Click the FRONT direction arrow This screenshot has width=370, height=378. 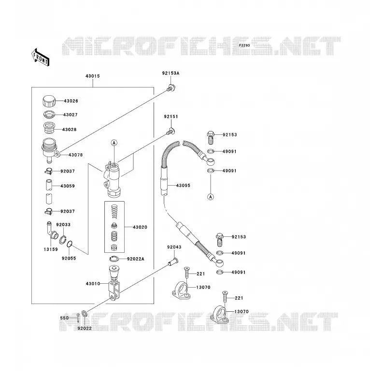click(41, 57)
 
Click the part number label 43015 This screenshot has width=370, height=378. click(93, 76)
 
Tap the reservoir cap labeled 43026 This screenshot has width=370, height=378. click(49, 101)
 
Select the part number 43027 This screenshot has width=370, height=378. click(71, 115)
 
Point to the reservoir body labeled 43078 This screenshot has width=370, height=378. click(50, 150)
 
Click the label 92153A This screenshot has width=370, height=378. click(171, 73)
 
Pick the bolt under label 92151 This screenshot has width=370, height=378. click(171, 131)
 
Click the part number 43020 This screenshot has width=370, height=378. click(140, 227)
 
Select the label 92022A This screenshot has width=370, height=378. click(136, 259)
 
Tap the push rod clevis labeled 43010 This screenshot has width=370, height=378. click(114, 283)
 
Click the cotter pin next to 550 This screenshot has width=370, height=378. click(78, 318)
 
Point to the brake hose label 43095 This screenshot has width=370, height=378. click(183, 186)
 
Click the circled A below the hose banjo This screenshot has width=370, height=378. click(211, 197)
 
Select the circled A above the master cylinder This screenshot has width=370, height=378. click(114, 143)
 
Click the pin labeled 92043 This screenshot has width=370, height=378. click(173, 262)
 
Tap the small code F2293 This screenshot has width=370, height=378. click(244, 45)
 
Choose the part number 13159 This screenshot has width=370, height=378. click(51, 249)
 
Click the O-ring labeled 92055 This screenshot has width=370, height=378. click(70, 244)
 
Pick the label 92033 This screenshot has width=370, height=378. click(63, 225)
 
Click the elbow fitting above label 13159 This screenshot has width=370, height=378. click(52, 230)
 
